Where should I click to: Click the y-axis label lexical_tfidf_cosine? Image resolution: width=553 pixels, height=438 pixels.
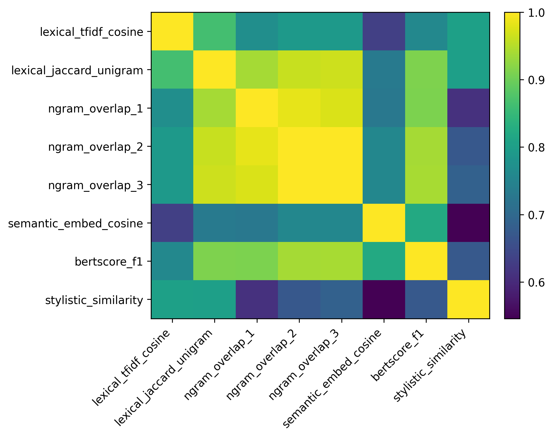click(x=91, y=32)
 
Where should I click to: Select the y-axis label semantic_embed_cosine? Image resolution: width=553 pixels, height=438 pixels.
click(x=75, y=224)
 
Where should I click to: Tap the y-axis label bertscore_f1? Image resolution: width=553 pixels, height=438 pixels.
click(x=109, y=262)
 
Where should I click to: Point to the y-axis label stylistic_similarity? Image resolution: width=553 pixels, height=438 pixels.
click(x=94, y=300)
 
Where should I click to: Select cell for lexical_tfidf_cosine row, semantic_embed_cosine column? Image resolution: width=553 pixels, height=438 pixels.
click(x=384, y=31)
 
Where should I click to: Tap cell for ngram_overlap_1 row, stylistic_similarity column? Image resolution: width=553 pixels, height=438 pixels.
click(x=468, y=108)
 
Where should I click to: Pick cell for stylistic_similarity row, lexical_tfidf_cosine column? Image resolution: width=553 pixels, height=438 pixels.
click(x=172, y=299)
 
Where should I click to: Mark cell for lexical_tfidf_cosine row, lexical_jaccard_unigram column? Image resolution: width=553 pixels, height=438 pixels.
click(x=215, y=31)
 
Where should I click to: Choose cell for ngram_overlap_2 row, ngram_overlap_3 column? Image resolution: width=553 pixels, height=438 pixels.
click(x=341, y=146)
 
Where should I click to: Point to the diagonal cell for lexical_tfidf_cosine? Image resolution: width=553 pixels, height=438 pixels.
click(x=172, y=31)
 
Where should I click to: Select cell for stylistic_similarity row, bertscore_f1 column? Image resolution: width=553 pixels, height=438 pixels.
click(x=426, y=299)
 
